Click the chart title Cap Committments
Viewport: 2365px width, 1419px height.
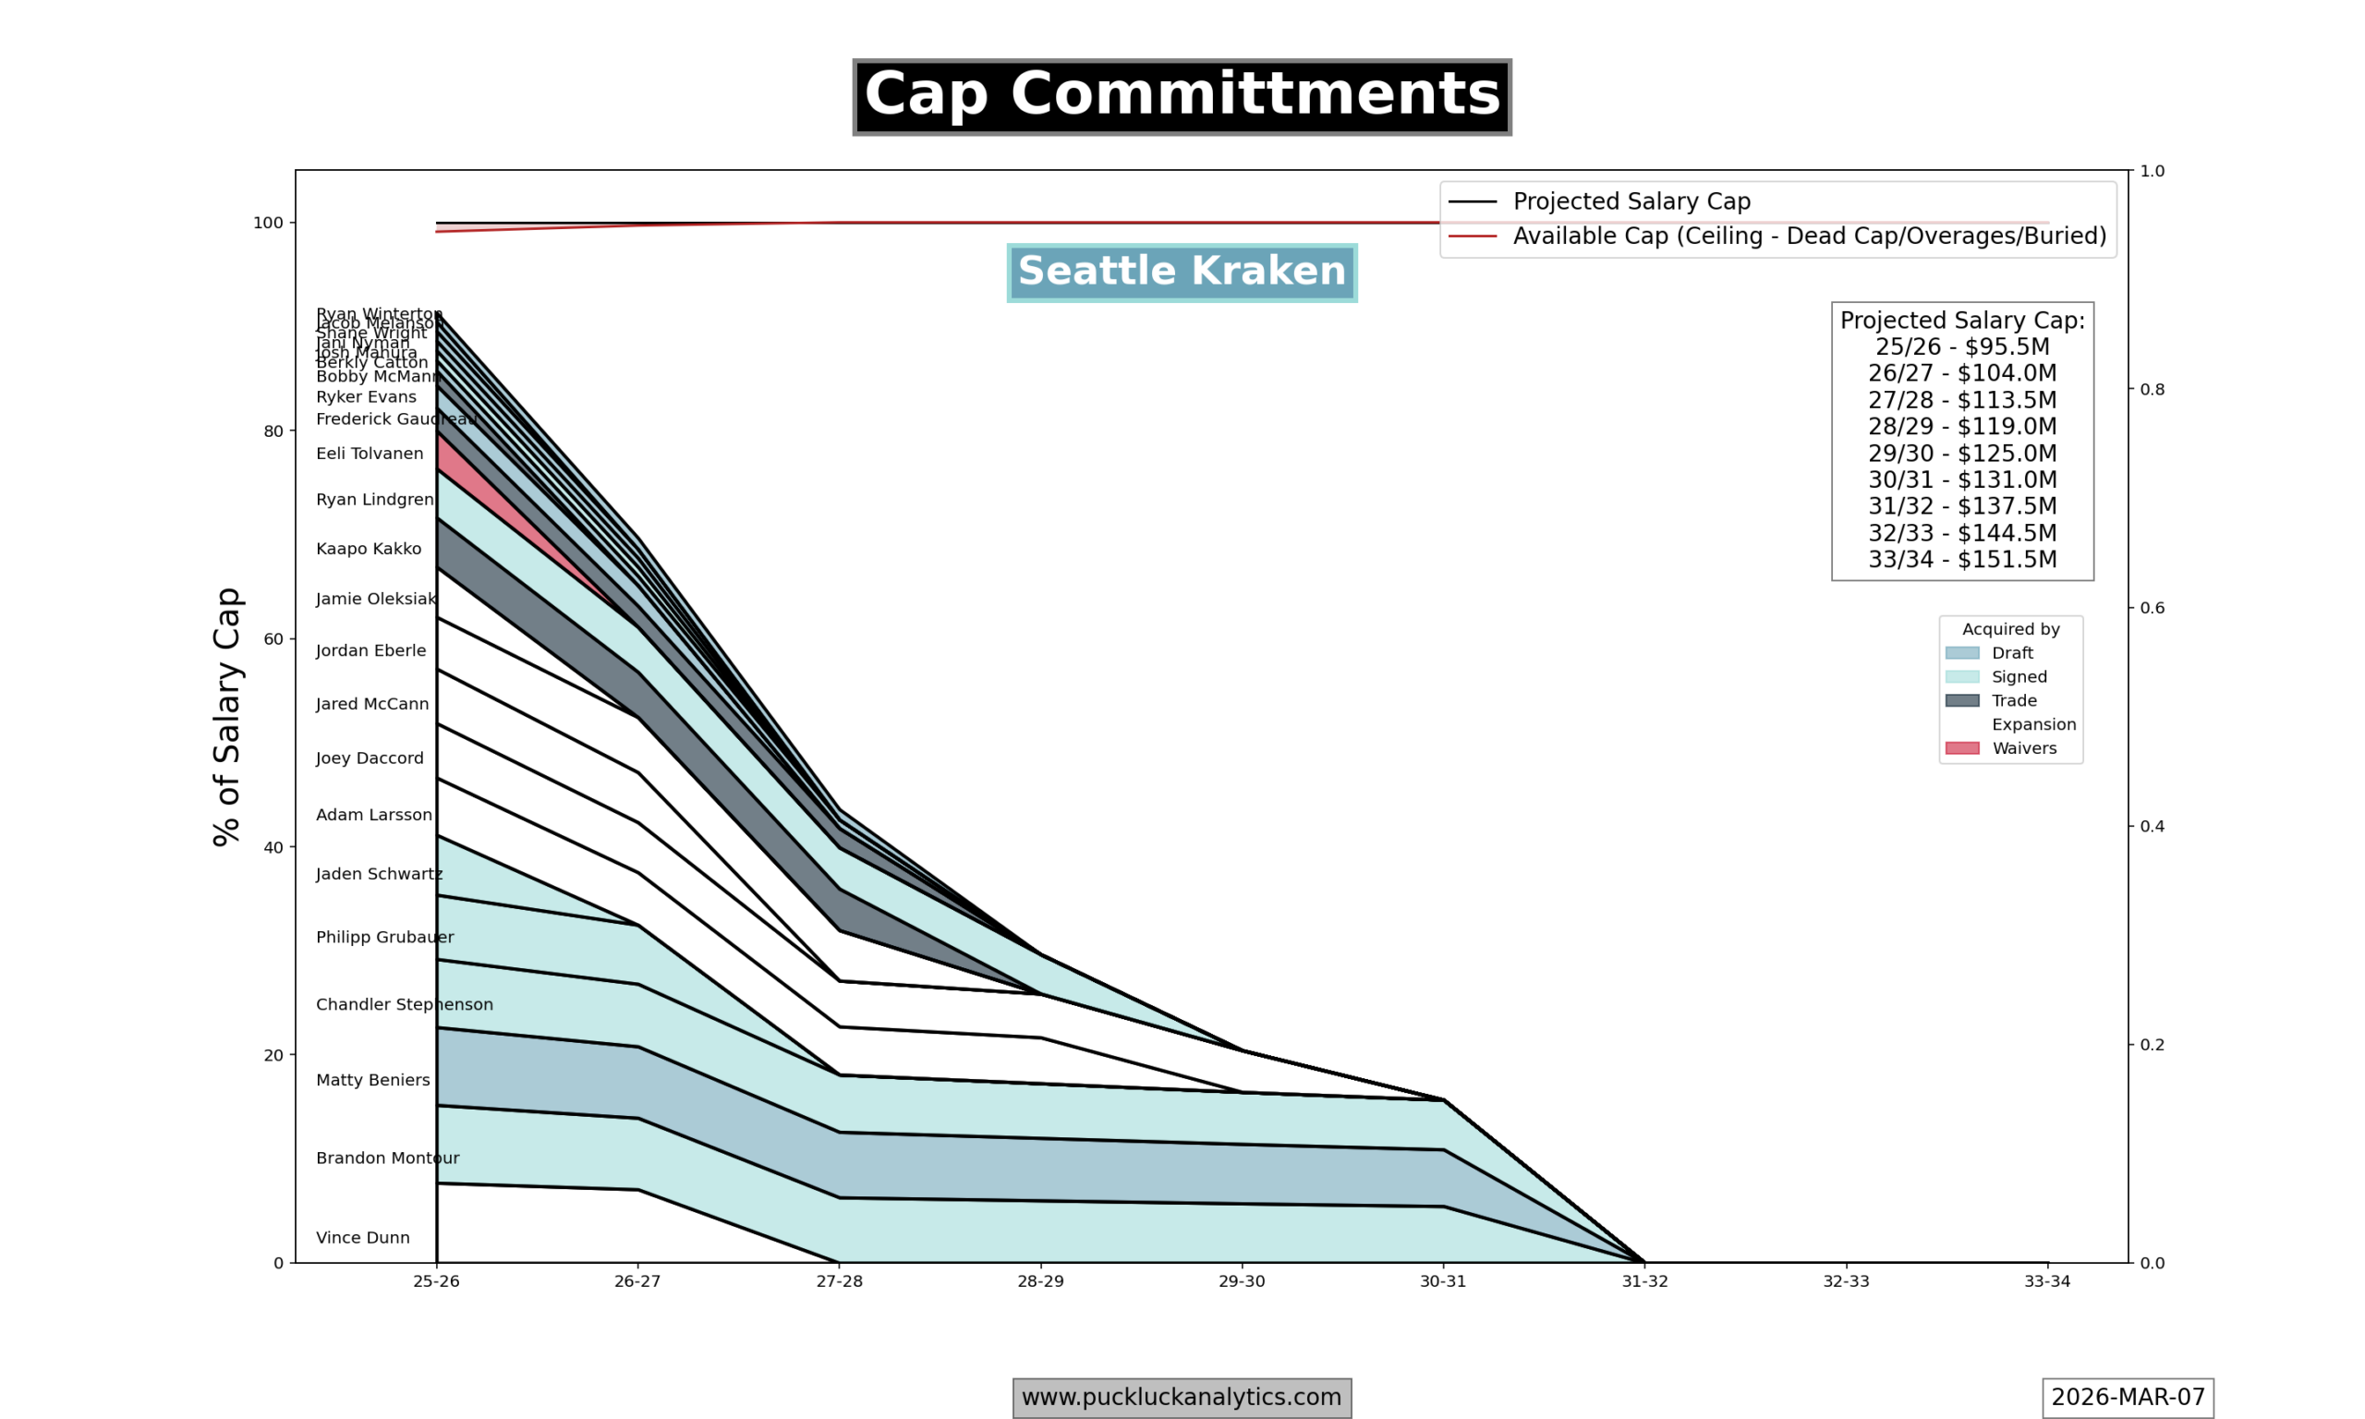coord(1182,96)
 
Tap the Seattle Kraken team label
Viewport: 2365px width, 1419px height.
coord(1182,273)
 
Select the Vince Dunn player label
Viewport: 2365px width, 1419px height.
coord(362,1237)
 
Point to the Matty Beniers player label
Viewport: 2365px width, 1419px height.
coord(373,1080)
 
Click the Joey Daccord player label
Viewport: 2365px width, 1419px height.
coord(369,758)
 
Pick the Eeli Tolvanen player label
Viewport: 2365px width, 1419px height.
coord(369,454)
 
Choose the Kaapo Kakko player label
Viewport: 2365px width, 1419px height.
coord(368,549)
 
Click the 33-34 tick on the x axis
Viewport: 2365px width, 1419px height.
coord(2046,1281)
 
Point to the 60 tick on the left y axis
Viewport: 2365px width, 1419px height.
coord(273,638)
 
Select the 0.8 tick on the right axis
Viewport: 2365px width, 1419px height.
coord(2152,389)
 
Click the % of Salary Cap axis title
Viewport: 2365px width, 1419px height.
coord(226,716)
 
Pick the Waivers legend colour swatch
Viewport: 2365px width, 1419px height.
coord(1961,747)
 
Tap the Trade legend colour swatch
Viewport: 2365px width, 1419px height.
coord(1961,700)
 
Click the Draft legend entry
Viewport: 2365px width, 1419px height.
coord(2012,653)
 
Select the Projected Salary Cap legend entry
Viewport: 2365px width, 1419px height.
coord(1631,201)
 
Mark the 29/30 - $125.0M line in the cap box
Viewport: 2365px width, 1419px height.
coord(1961,454)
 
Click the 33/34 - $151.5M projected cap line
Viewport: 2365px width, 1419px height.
coord(1961,559)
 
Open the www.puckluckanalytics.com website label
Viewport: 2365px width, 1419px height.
coord(1182,1397)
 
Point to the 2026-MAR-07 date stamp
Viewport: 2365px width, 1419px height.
coord(2127,1397)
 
